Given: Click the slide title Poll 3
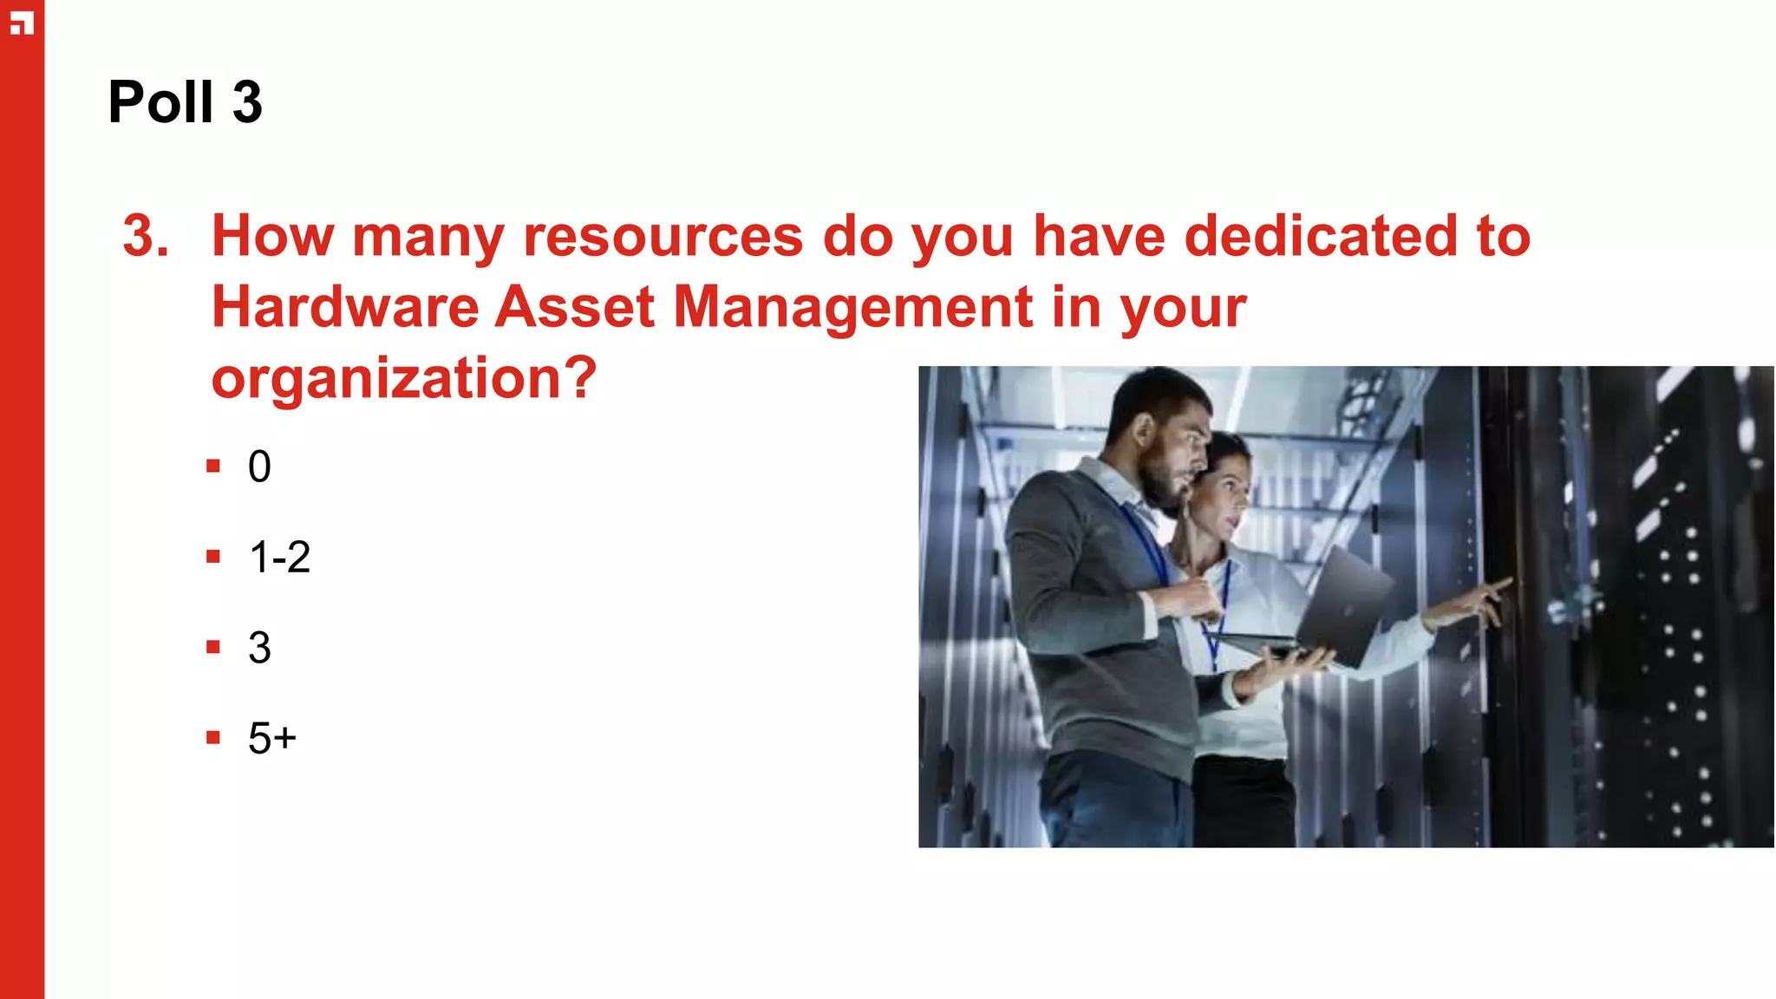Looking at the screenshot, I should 185,102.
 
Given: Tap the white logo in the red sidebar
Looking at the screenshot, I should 22,23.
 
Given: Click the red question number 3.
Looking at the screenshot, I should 145,236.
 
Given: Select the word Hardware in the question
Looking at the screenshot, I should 344,307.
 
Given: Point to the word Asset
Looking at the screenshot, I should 574,307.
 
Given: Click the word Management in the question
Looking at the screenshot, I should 852,307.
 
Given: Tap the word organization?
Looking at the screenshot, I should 404,378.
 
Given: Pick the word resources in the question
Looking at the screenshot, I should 663,236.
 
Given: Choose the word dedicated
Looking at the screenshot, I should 1321,236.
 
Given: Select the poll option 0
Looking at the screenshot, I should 259,467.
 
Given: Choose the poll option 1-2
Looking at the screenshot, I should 279,557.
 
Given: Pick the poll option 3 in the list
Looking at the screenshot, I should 259,648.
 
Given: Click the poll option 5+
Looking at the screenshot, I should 271,738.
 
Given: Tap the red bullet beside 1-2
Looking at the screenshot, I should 213,557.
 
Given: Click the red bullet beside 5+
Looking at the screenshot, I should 213,738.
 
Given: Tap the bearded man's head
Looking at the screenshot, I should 1162,434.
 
